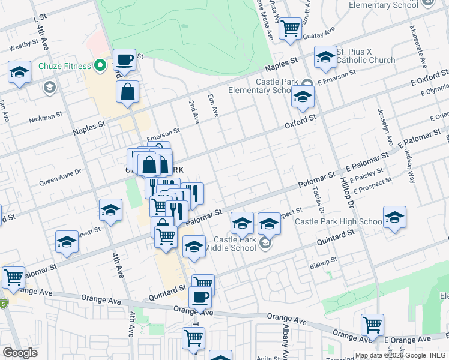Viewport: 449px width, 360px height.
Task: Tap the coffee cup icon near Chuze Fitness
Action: (x=124, y=61)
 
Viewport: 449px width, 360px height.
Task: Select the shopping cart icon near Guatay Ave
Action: (x=291, y=28)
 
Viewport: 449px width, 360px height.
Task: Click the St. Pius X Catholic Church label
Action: (x=366, y=56)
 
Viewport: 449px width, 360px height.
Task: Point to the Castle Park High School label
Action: (x=338, y=222)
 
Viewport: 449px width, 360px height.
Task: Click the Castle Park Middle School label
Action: (x=231, y=244)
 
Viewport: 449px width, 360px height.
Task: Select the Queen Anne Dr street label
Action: (x=60, y=175)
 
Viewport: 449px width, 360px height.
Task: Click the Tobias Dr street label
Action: (x=318, y=200)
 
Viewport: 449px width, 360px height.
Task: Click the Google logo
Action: (x=20, y=353)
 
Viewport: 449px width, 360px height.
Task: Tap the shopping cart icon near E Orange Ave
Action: (x=372, y=325)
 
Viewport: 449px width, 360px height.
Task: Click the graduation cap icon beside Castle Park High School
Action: (x=394, y=217)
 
